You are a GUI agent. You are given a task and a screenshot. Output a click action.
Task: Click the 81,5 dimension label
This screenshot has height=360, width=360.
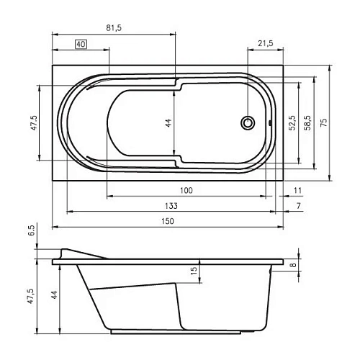tap(114, 28)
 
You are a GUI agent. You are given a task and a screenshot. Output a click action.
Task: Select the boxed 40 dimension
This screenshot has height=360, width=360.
tap(81, 44)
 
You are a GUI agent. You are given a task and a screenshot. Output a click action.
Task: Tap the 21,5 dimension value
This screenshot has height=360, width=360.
tap(266, 43)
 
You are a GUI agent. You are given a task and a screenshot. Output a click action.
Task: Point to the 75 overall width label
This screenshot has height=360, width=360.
tap(323, 122)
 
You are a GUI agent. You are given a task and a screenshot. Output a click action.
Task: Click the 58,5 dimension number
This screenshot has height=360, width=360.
tap(307, 122)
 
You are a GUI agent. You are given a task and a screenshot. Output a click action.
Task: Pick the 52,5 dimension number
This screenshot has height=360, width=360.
tap(292, 122)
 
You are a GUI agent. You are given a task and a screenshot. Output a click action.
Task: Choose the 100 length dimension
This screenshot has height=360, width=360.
tap(186, 190)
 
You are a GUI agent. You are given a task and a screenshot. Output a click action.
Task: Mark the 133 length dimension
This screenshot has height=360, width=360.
tap(171, 206)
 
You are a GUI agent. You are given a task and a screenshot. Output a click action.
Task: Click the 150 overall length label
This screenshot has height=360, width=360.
tap(167, 221)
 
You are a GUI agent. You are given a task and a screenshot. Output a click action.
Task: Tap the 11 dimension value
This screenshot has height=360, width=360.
tap(297, 190)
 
